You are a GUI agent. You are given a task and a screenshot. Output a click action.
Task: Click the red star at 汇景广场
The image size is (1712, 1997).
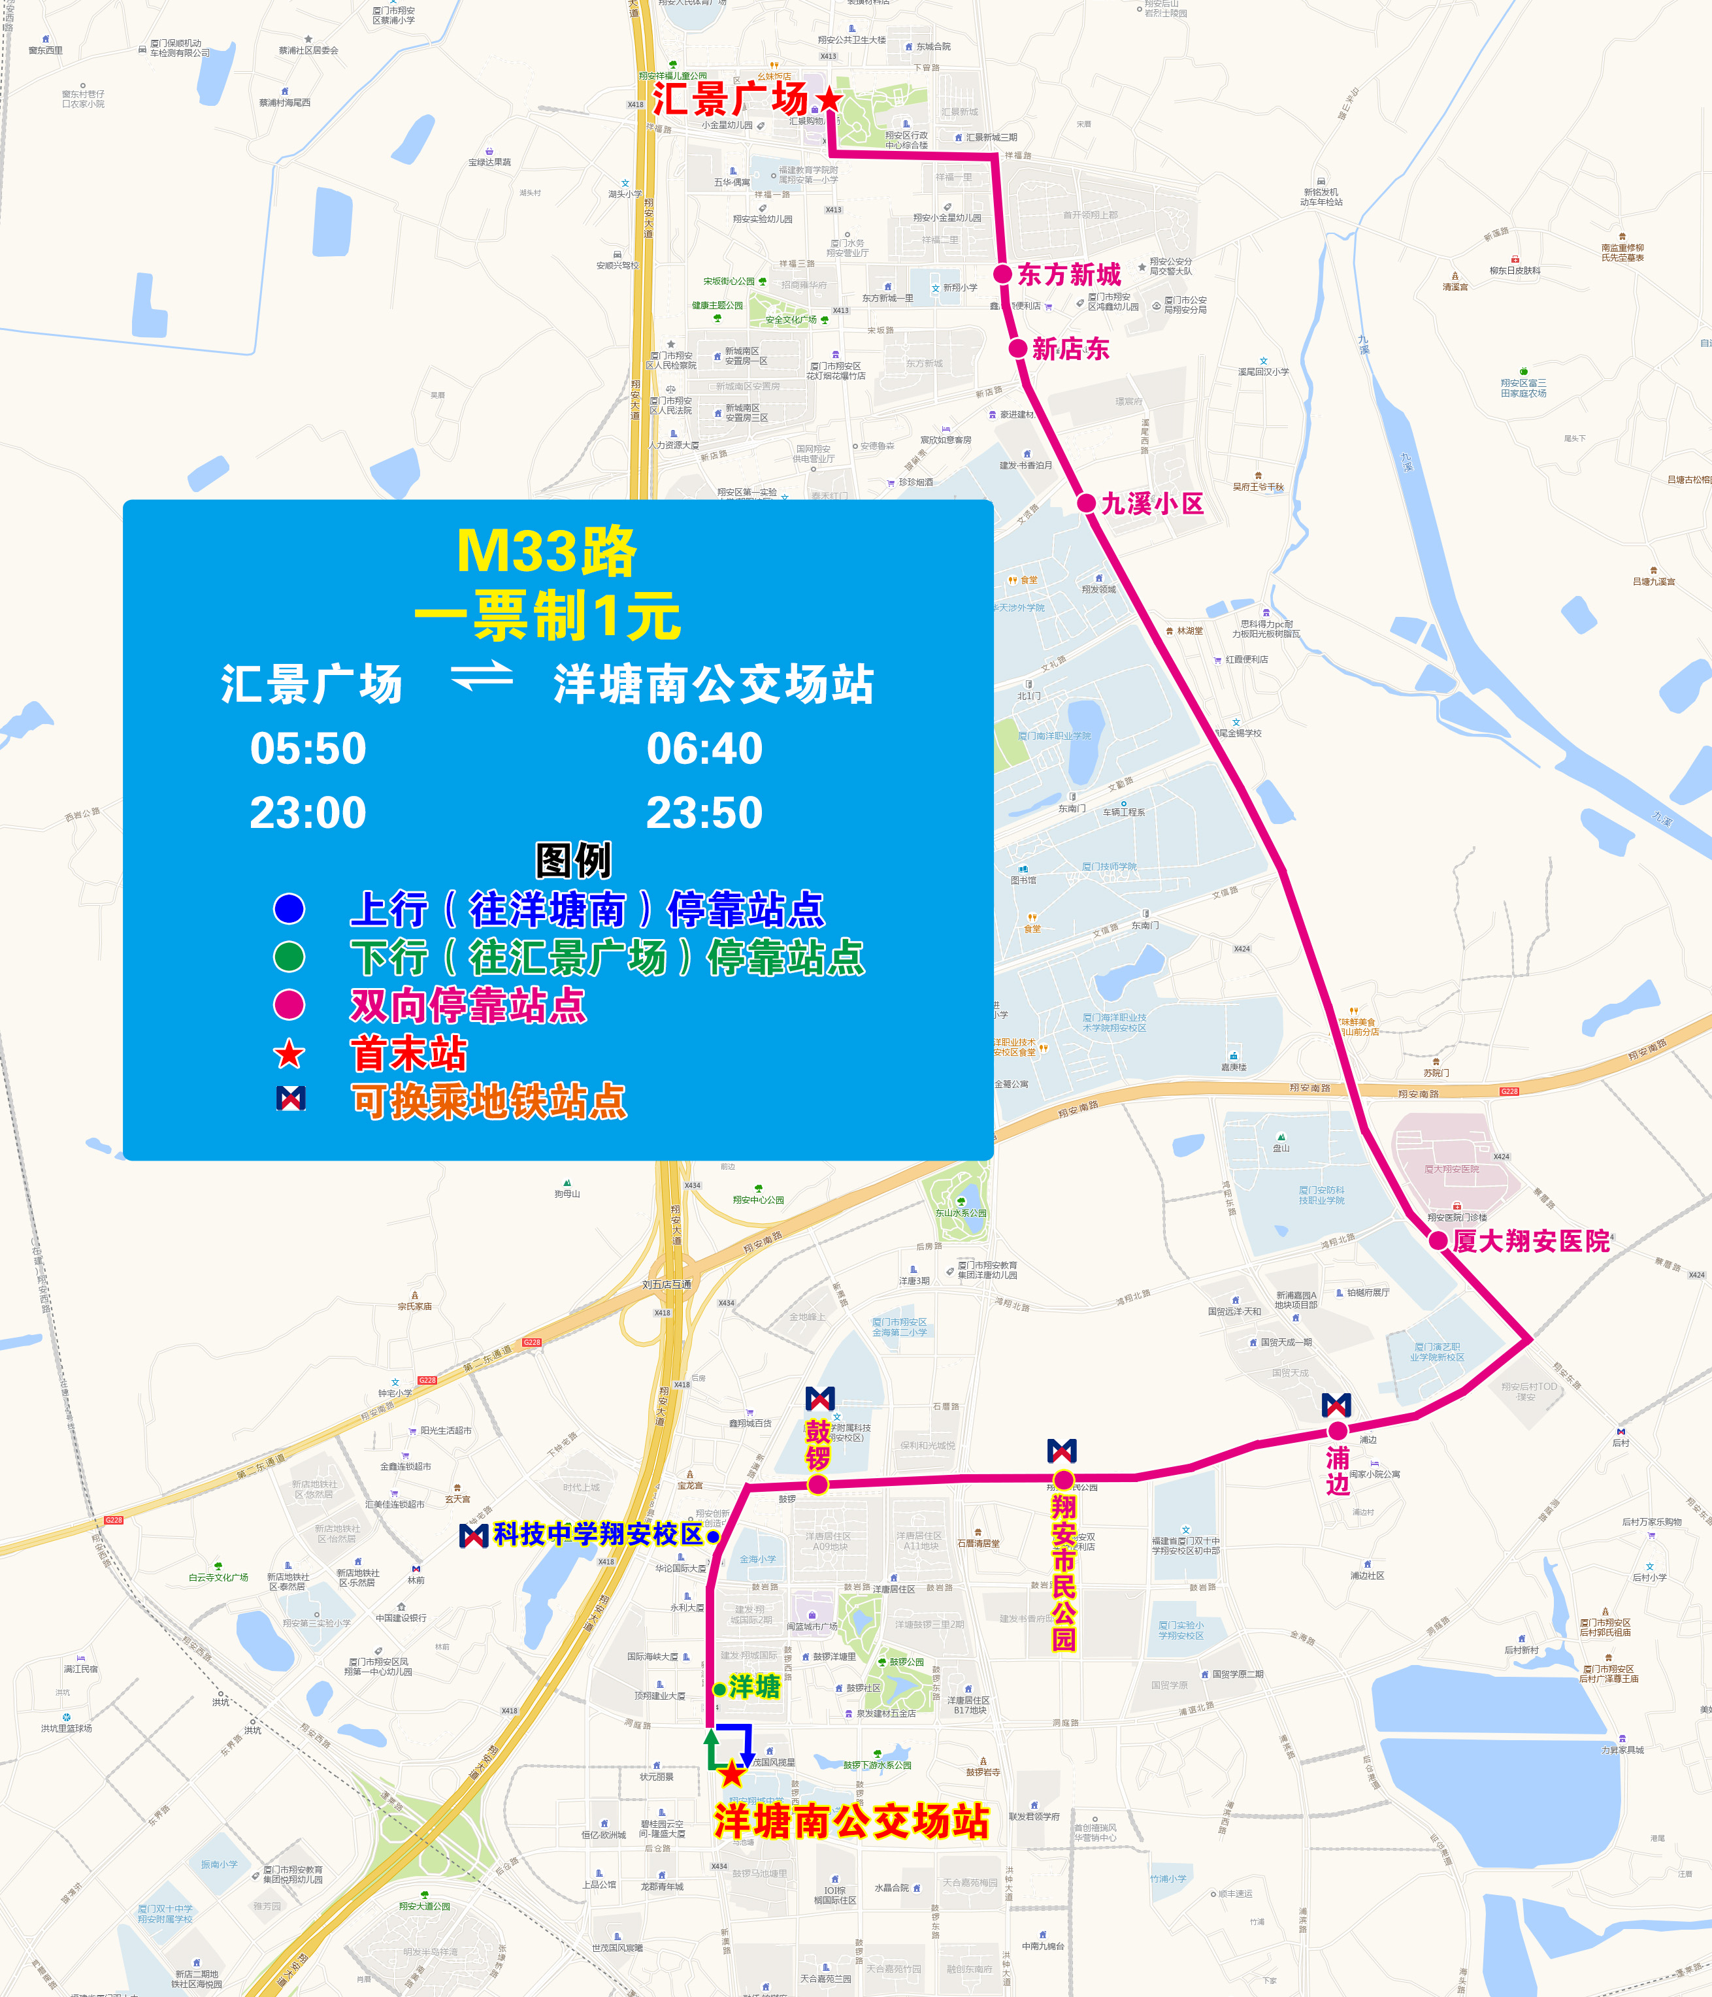[828, 99]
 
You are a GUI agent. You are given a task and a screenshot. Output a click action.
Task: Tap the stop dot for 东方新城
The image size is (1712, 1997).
[1002, 274]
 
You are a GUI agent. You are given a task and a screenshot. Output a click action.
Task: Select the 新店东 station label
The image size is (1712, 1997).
[1070, 349]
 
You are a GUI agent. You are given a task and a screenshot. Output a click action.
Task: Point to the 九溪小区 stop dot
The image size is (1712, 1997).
[1087, 503]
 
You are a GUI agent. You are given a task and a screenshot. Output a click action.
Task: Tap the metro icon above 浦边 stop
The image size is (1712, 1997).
[1336, 1405]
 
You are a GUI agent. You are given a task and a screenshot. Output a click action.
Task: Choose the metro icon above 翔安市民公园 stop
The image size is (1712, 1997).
[1061, 1451]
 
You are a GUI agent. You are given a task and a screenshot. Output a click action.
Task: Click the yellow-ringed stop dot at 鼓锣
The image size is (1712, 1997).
[817, 1484]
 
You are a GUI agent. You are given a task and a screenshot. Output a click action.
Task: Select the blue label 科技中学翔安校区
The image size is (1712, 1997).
[598, 1534]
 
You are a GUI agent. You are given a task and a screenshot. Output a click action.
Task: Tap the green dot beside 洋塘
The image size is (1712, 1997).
[719, 1690]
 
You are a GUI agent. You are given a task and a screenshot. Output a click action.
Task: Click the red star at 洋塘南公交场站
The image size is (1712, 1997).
[733, 1772]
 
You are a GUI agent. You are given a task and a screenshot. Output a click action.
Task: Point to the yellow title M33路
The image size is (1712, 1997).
[546, 552]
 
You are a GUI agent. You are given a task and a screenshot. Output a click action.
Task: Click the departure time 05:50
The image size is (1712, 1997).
[308, 749]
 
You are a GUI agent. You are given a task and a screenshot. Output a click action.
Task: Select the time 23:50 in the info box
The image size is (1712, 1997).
[704, 812]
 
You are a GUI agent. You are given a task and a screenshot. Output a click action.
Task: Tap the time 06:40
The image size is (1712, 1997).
[704, 749]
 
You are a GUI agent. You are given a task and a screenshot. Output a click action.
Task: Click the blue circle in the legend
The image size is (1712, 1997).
[289, 908]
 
